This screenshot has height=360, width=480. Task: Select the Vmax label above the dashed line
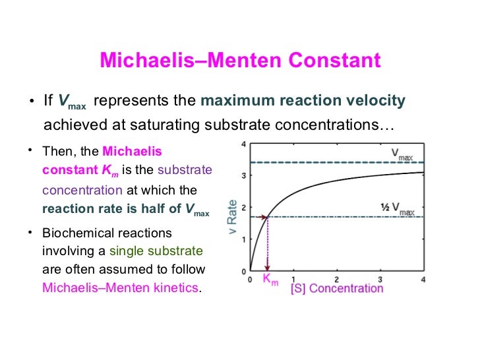click(403, 153)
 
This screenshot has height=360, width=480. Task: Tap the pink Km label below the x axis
click(270, 280)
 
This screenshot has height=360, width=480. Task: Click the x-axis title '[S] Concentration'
click(336, 288)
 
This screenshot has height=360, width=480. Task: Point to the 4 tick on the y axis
click(244, 144)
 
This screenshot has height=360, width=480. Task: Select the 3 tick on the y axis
click(244, 176)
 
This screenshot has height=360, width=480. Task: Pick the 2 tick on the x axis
click(336, 279)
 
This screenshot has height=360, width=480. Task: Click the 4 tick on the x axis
click(423, 279)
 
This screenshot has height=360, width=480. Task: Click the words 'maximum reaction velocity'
click(302, 101)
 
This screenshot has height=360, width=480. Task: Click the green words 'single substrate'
click(156, 251)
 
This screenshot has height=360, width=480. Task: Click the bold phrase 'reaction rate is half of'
click(111, 211)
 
